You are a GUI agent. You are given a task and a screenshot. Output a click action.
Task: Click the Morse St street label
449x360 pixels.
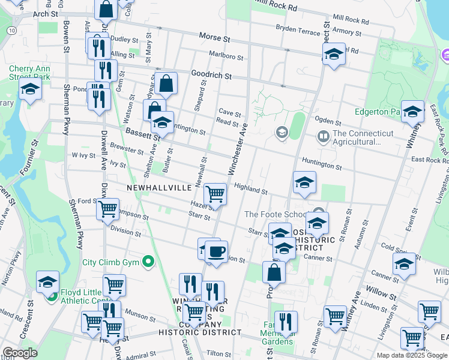point(215,38)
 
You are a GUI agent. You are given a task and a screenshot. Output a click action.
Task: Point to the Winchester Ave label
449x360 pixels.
point(237,147)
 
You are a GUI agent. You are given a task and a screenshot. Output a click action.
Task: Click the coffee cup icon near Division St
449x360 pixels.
point(216,251)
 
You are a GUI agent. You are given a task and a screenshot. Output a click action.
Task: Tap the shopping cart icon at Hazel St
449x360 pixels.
point(215,194)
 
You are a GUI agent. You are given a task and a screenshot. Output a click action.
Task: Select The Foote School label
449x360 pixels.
point(274,214)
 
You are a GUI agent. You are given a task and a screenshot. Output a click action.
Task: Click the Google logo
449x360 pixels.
point(20,353)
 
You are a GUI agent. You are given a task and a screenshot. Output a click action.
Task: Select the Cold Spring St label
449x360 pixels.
point(394,247)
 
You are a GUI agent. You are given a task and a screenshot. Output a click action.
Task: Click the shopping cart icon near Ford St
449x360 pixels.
point(108,210)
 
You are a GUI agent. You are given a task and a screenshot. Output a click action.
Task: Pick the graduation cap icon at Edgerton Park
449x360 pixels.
point(412,111)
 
